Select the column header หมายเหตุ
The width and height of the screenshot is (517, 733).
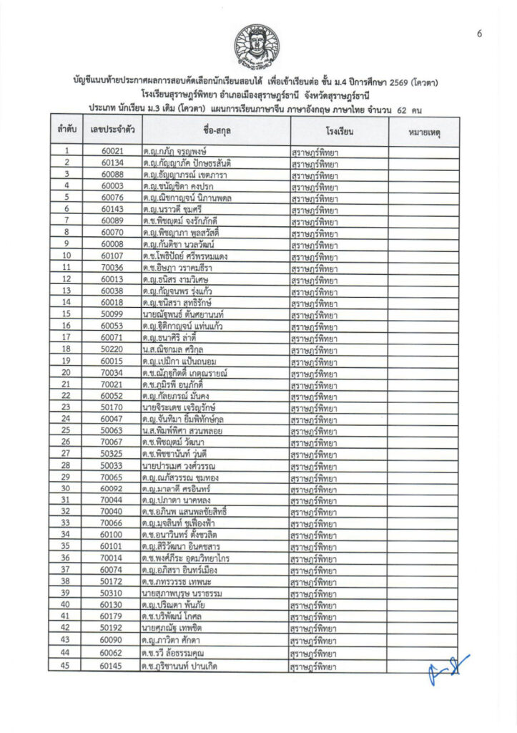(x=424, y=132)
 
